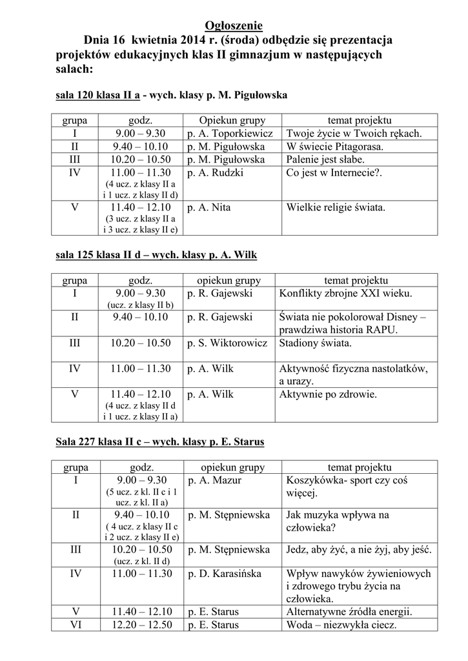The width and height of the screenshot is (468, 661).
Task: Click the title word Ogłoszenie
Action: pyautogui.click(x=234, y=26)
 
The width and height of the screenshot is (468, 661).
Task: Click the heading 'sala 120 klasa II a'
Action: pyautogui.click(x=98, y=96)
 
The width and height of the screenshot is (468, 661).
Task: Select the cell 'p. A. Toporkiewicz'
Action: pyautogui.click(x=230, y=134)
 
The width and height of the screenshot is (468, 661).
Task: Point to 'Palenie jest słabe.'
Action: pyautogui.click(x=325, y=159)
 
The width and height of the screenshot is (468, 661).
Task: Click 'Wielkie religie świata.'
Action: pyautogui.click(x=336, y=208)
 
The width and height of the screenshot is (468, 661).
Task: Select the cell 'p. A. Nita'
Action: pyautogui.click(x=209, y=208)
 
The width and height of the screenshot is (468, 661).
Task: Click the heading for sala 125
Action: pyautogui.click(x=156, y=255)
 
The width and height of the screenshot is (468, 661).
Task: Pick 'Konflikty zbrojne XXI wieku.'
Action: pyautogui.click(x=345, y=294)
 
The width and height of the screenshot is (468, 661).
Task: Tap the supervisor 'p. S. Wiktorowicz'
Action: pyautogui.click(x=227, y=343)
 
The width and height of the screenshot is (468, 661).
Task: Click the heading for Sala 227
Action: pyautogui.click(x=160, y=442)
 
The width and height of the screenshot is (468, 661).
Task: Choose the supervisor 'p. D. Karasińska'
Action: pyautogui.click(x=224, y=573)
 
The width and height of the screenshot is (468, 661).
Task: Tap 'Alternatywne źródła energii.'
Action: pyautogui.click(x=349, y=612)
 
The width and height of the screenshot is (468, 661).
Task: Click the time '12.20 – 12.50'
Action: pyautogui.click(x=142, y=625)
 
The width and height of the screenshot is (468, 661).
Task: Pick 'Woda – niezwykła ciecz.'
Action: pyautogui.click(x=340, y=625)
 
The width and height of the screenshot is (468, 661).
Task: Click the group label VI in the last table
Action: pyautogui.click(x=76, y=625)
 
